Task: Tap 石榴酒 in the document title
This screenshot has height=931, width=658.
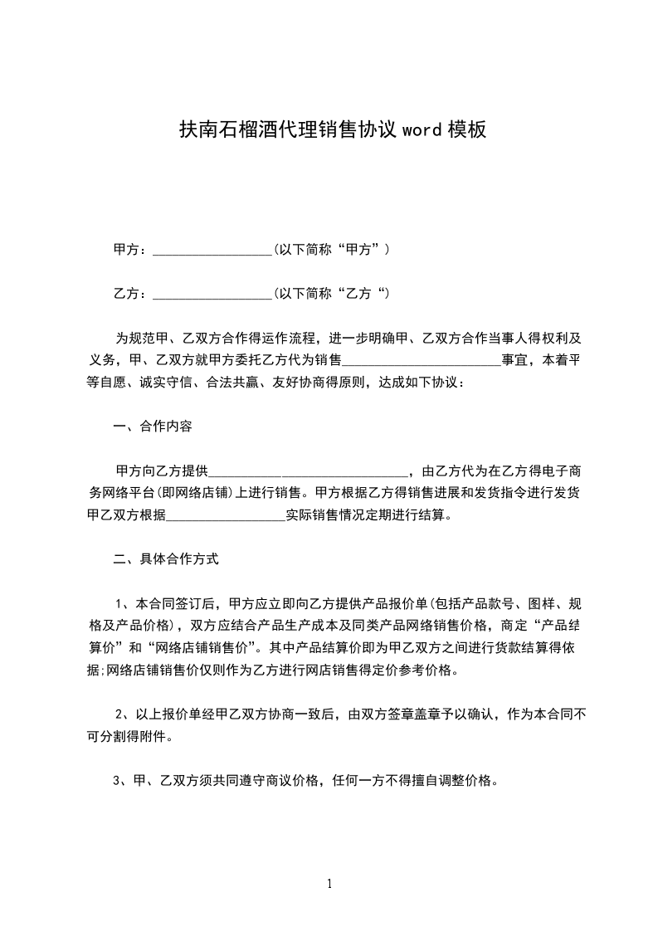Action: point(248,130)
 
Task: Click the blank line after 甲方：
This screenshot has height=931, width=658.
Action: point(212,249)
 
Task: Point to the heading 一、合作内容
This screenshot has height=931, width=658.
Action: point(153,427)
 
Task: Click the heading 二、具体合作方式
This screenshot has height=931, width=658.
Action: point(166,559)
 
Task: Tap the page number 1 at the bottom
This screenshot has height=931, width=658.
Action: point(329,884)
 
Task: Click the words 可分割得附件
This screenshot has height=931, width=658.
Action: point(132,736)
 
